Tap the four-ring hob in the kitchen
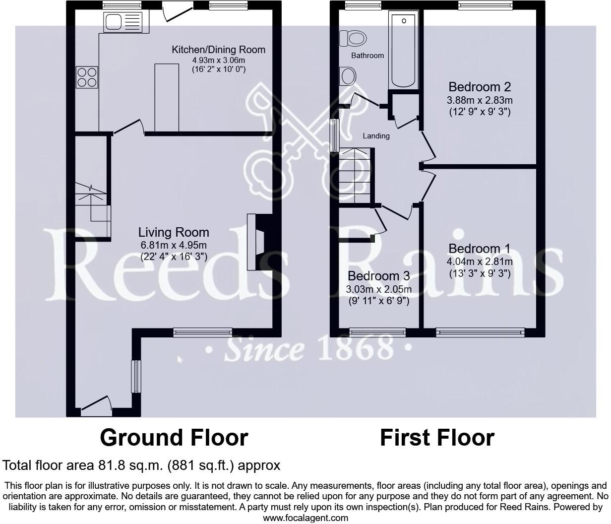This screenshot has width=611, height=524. (87, 77)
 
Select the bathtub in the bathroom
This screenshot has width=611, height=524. (405, 51)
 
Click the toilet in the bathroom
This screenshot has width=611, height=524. (353, 38)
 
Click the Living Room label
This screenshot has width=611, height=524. (174, 232)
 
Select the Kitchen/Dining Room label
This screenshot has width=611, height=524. (218, 50)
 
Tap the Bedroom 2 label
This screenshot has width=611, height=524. (479, 87)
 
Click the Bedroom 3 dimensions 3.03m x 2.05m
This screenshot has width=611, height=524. (379, 289)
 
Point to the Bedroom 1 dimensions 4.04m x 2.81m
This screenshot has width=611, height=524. (480, 262)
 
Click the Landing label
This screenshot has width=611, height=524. (376, 136)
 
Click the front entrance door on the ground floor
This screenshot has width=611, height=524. (96, 404)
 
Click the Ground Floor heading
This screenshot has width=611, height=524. (174, 438)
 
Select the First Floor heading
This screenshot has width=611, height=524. (437, 438)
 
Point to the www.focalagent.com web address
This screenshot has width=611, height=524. (305, 518)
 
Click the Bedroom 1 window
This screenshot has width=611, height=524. (480, 332)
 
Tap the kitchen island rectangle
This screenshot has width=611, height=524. (166, 97)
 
